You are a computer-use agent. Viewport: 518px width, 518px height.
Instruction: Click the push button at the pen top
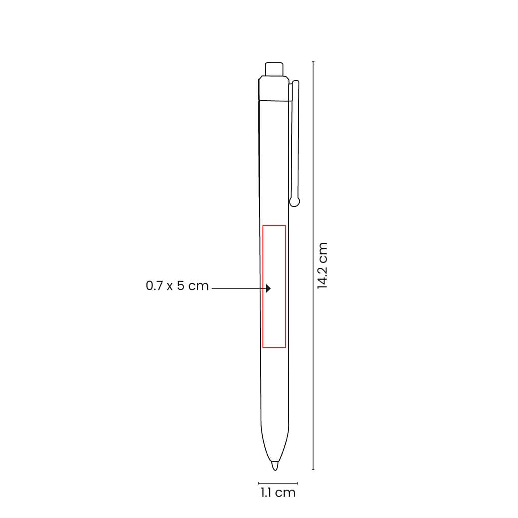274,69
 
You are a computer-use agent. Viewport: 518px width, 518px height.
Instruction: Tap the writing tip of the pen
275,466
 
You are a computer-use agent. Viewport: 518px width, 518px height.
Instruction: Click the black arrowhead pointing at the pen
268,288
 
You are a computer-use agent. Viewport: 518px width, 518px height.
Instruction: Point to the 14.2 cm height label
322,266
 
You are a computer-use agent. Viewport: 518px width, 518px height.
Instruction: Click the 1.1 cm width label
278,493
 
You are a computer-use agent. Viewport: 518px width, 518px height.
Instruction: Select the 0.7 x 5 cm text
178,286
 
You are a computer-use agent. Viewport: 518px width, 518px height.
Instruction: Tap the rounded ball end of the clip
295,201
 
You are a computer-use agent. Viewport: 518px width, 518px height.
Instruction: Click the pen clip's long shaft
295,139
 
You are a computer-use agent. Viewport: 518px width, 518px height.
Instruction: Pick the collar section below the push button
274,88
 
